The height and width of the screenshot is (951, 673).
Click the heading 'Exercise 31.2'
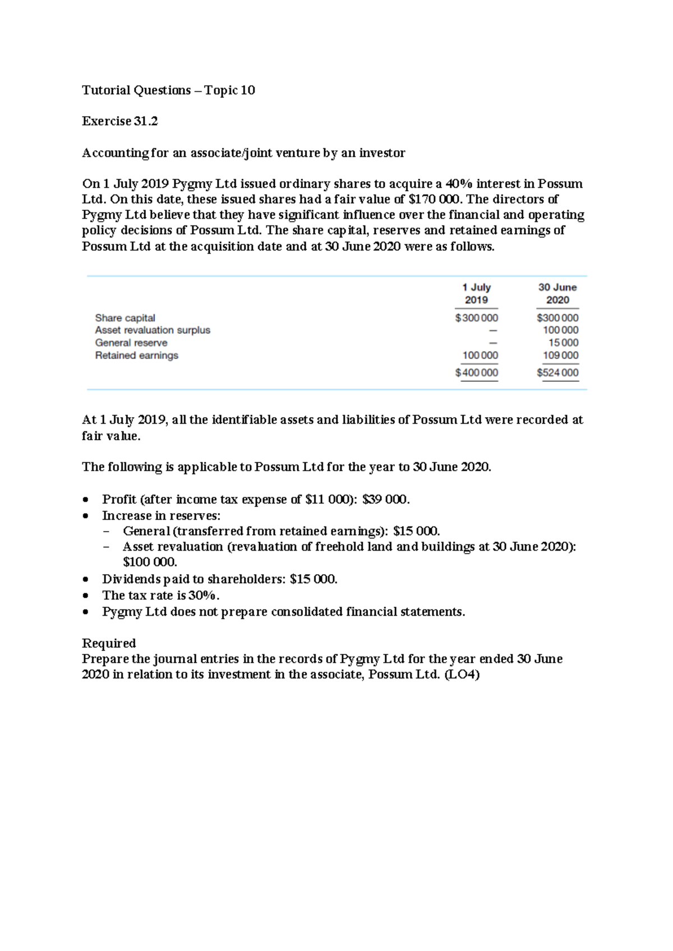click(119, 121)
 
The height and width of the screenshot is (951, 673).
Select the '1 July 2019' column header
click(476, 293)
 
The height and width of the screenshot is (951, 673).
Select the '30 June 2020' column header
click(557, 293)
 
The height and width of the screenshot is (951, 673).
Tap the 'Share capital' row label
click(125, 318)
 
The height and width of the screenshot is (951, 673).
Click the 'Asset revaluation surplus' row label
click(153, 330)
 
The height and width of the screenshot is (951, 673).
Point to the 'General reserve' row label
click(131, 343)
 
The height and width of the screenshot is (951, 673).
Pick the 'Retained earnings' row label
click(137, 356)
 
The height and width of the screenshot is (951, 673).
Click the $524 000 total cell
click(557, 373)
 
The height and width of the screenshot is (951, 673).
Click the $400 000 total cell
click(476, 373)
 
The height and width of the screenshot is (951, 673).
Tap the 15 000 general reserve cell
click(563, 343)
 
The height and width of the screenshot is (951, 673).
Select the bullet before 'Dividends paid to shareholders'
click(86, 579)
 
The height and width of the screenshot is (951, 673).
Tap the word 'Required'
click(109, 643)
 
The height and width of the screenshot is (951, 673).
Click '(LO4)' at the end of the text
click(462, 675)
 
